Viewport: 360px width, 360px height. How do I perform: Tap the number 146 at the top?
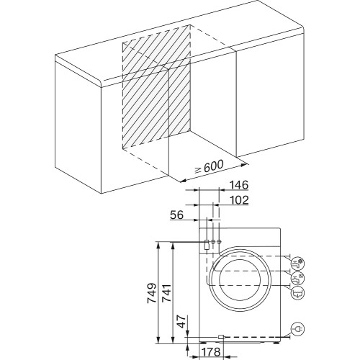coord(240,185)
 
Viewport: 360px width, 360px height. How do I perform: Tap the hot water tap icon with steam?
coord(297,277)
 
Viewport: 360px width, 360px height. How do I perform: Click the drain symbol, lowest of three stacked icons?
coord(297,292)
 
